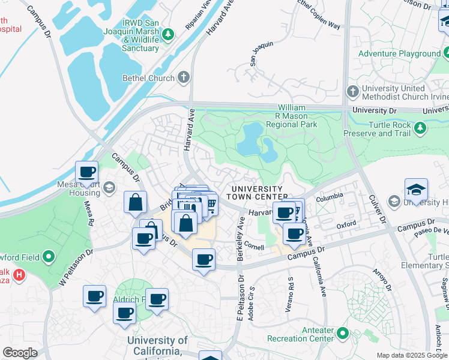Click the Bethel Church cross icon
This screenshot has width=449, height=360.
[183, 78]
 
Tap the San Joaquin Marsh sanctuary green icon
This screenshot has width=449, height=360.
[169, 32]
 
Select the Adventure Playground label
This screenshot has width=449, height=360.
[399, 54]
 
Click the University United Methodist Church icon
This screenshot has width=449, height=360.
[353, 91]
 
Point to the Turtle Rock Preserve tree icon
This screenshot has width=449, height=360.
[421, 127]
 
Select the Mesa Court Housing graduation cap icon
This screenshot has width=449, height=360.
[109, 188]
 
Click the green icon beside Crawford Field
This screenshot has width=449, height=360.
[50, 257]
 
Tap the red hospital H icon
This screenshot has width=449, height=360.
[20, 275]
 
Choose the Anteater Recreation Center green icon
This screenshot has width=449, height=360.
[343, 332]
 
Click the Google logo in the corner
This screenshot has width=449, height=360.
[20, 352]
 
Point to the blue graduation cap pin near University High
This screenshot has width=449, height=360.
[416, 190]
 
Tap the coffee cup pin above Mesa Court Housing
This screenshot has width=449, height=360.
[86, 172]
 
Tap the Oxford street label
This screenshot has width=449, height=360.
[346, 225]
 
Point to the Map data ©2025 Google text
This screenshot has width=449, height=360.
[412, 355]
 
